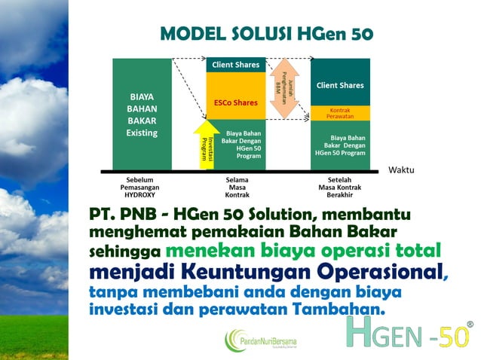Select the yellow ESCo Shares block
[x=235, y=102]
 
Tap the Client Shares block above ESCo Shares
[x=235, y=66]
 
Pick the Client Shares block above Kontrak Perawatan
[x=340, y=84]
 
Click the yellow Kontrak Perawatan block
[x=340, y=113]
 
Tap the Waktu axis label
[x=401, y=170]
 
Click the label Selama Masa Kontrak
[x=237, y=188]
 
